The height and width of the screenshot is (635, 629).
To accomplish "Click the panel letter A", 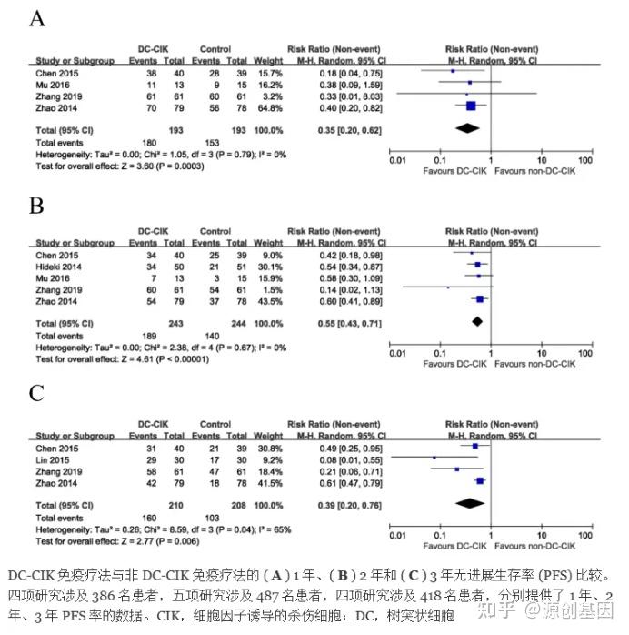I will (37, 17).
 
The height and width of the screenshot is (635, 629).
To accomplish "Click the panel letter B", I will (36, 207).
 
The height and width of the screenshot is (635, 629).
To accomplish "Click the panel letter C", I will (37, 394).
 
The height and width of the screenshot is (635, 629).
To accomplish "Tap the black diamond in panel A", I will (467, 129).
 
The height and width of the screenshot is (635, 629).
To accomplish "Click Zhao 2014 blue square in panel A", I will (470, 106).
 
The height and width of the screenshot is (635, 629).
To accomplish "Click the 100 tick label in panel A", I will (585, 160).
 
